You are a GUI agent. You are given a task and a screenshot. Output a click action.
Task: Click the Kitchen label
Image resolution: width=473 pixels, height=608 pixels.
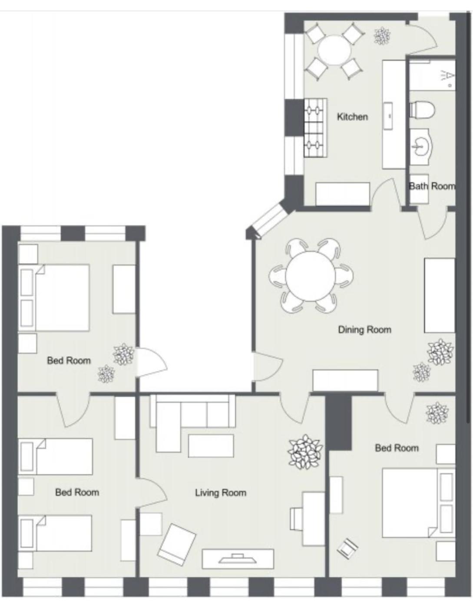352,117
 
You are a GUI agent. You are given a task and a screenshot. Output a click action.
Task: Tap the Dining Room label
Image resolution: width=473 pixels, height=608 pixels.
364,330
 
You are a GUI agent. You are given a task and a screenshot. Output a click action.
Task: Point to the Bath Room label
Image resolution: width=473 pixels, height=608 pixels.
432,186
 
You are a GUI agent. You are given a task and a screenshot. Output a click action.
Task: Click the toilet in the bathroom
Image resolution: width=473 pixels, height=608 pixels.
422,110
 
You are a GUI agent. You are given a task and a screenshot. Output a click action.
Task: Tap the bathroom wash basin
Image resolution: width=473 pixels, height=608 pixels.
420,147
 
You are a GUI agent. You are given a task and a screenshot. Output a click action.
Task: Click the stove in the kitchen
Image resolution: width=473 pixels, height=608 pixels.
315,128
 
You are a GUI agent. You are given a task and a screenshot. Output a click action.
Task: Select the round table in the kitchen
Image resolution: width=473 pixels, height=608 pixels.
334,50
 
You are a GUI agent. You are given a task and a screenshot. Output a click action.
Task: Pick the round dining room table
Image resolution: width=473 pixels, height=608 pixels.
311,276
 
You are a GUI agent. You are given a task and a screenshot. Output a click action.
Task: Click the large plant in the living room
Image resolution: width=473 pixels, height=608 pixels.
305,452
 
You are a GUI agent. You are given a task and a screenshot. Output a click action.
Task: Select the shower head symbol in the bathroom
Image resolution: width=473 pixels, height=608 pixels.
447,76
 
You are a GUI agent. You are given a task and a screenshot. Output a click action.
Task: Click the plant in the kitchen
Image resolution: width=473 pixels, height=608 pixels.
382,36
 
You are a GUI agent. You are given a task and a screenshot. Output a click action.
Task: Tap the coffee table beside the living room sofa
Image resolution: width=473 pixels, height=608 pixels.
211,446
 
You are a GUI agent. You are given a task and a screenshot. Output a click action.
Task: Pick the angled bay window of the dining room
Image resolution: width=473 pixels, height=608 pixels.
270,220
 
